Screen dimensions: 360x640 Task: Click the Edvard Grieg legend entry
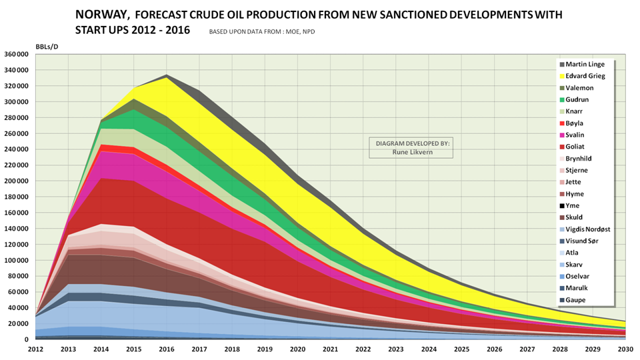pos(585,76)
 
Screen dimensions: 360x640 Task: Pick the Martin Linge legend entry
pos(585,64)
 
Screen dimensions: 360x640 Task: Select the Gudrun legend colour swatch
pos(561,99)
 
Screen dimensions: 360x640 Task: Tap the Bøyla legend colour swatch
pos(561,123)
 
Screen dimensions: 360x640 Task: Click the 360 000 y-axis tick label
pos(17,54)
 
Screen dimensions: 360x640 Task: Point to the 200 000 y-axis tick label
pos(17,181)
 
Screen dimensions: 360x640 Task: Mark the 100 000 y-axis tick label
pos(17,260)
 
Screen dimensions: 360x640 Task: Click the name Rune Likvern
pos(410,151)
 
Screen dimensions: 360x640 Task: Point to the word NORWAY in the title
pos(102,14)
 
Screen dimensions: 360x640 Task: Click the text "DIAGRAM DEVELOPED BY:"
pos(410,143)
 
